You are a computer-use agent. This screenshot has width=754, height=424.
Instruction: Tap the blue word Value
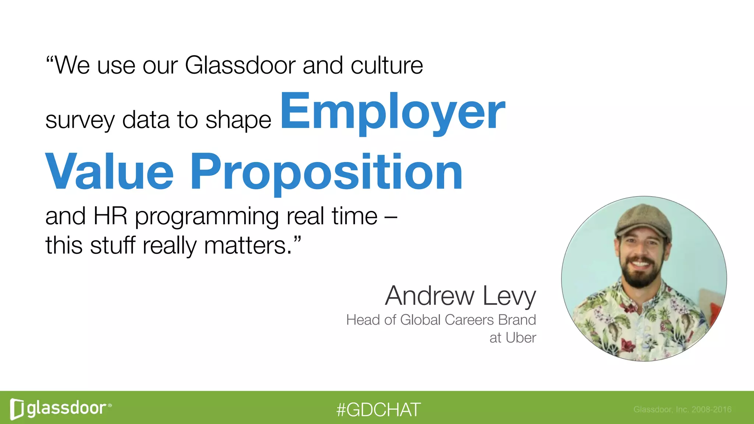109,172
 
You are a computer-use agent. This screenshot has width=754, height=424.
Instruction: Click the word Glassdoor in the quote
240,66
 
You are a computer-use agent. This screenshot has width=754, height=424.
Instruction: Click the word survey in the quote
80,120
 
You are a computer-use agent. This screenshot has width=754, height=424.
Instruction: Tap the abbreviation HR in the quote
110,216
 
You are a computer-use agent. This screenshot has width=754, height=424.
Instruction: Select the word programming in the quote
207,217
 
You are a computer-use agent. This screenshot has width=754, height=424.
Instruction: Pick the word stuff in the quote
113,245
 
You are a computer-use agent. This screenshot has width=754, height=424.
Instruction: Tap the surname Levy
509,296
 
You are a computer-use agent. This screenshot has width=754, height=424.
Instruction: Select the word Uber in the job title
521,338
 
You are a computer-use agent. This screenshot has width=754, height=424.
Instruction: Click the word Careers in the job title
469,320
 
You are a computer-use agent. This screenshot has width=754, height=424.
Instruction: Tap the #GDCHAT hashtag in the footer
378,410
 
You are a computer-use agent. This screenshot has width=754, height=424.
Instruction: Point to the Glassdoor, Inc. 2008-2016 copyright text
682,409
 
